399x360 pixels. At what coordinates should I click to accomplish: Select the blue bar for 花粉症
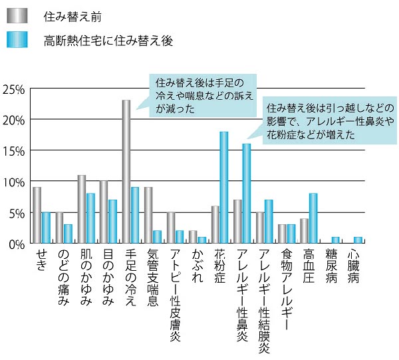[x=224, y=188]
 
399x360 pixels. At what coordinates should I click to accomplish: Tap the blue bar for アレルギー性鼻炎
[x=247, y=194]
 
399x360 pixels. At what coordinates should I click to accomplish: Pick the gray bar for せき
[x=37, y=216]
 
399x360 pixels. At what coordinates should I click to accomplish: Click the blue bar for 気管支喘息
[x=157, y=238]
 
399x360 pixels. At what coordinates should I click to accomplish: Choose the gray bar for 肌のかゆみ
[x=82, y=210]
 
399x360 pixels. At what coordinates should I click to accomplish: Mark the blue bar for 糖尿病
[x=335, y=241]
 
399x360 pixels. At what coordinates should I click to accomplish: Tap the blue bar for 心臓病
[x=358, y=241]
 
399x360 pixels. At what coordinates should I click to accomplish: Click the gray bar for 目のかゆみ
[x=104, y=212]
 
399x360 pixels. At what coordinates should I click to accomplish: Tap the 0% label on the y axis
[x=16, y=244]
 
